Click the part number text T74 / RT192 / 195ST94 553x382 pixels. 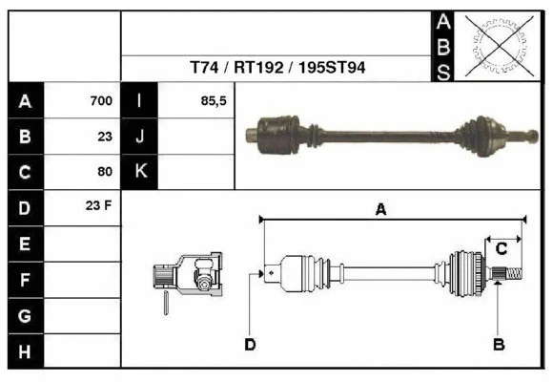277,69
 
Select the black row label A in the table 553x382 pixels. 25,101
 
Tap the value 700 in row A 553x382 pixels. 101,101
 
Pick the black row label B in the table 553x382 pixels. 25,137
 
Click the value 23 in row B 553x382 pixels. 105,137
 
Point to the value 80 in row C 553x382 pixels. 105,172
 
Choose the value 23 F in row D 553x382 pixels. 100,206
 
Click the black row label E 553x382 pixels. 25,244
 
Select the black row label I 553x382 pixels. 140,101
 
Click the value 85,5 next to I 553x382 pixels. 214,101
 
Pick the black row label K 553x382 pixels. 140,172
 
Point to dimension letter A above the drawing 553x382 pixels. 380,210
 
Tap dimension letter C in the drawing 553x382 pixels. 501,249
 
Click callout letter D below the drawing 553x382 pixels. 250,345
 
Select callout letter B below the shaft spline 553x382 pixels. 498,344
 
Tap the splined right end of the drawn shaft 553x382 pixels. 511,274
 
